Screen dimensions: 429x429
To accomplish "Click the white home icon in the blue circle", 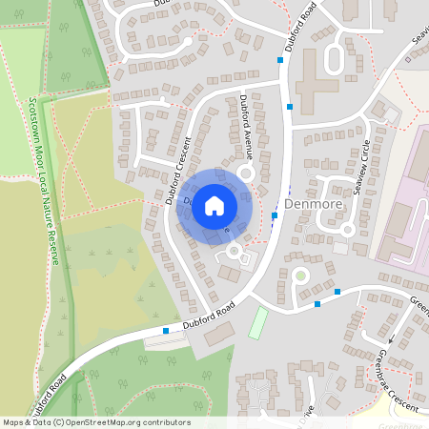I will pos(214,206).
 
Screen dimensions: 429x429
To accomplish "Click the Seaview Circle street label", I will pos(361,168).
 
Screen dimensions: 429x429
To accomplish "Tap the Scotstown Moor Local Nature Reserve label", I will pos(44,181).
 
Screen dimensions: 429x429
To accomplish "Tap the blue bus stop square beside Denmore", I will pos(275,215).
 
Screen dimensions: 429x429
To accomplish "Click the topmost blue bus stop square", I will pos(280,60).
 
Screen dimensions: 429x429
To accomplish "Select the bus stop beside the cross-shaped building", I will pos(289,108).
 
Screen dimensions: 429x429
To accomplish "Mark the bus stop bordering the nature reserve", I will pos(166,331).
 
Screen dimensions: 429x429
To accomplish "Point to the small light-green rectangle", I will pos(256,321).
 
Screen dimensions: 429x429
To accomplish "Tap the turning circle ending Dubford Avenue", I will pos(245,174).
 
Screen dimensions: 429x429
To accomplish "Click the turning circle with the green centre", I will pos(300,276).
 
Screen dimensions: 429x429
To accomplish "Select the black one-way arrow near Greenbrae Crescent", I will pos(390,337).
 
